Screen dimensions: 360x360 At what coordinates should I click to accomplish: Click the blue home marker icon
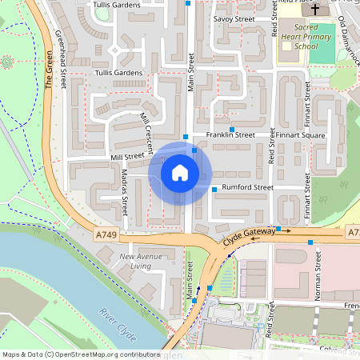(x=180, y=173)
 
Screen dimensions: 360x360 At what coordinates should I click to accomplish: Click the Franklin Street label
(x=230, y=136)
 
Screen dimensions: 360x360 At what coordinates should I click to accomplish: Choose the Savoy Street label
(x=233, y=18)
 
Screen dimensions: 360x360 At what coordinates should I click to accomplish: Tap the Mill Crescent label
(x=146, y=129)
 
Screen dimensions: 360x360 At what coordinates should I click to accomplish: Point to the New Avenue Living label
(x=141, y=261)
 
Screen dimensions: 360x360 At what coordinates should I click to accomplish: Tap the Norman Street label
(x=318, y=270)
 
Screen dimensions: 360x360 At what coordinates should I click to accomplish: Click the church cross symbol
(x=314, y=10)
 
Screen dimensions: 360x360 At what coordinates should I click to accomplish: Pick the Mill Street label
(x=128, y=157)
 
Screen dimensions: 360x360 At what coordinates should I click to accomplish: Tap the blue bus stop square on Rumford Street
(x=214, y=189)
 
